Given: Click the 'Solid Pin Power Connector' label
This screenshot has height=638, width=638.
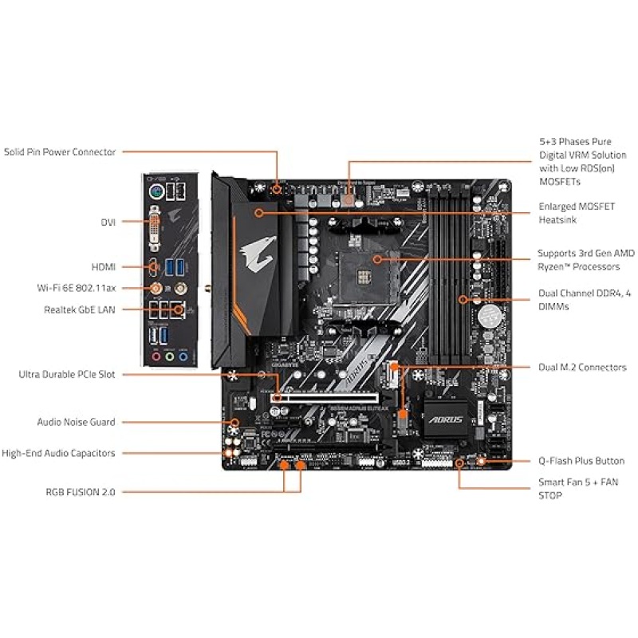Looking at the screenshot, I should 60,152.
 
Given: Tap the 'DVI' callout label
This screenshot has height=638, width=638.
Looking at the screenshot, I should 107,222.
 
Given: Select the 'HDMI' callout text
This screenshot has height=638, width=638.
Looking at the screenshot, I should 102,266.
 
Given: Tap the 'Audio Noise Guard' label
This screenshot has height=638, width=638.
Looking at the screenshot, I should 76,422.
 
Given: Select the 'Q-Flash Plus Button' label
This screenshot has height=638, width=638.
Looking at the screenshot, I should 581,461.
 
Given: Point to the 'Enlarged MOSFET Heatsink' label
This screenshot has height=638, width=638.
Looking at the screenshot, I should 577,213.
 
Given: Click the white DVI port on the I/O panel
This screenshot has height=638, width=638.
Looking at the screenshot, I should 156,230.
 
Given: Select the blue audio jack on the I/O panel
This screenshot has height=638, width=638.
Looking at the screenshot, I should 183,358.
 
